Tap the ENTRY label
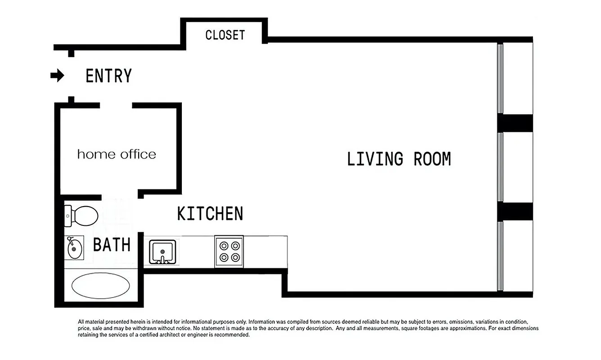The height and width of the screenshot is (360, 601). [x=108, y=76]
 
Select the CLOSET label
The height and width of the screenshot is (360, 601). [x=225, y=35]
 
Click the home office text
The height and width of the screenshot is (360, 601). [x=117, y=154]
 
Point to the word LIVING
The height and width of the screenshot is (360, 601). [x=375, y=159]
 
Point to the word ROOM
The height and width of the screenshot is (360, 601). [x=432, y=159]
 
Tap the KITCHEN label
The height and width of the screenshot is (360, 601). [x=210, y=214]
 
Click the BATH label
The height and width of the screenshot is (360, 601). [x=112, y=245]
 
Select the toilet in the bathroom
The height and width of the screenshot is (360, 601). [x=81, y=216]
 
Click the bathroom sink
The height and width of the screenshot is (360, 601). [x=74, y=248]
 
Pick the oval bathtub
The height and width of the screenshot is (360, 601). [x=101, y=286]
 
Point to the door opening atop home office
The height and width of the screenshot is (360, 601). [x=116, y=105]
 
